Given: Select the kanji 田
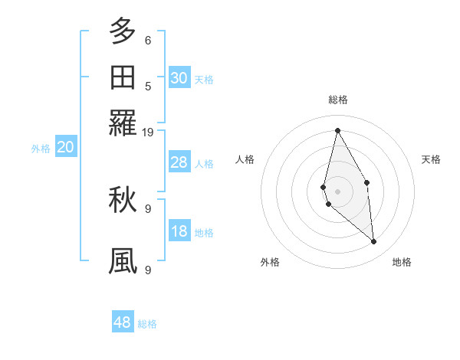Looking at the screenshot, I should pyautogui.click(x=123, y=77).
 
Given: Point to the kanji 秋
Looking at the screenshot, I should pyautogui.click(x=123, y=199).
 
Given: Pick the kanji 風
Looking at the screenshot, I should pyautogui.click(x=123, y=260).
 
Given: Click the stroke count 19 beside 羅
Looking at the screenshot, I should pyautogui.click(x=148, y=132).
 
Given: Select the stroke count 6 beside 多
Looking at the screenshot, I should pyautogui.click(x=148, y=41).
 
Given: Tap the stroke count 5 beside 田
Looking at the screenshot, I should pyautogui.click(x=148, y=87).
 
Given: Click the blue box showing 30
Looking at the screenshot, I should pyautogui.click(x=179, y=78).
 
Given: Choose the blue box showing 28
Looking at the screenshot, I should pyautogui.click(x=179, y=162).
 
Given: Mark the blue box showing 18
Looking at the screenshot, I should pyautogui.click(x=179, y=231).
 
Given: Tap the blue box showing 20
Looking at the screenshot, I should pyautogui.click(x=65, y=148).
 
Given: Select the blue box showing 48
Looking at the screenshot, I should pyautogui.click(x=123, y=322).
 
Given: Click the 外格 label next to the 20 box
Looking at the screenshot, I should pyautogui.click(x=41, y=149).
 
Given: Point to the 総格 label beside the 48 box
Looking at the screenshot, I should pyautogui.click(x=147, y=324).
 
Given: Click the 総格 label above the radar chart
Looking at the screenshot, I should pyautogui.click(x=337, y=100).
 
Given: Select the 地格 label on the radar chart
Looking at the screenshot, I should pyautogui.click(x=402, y=262).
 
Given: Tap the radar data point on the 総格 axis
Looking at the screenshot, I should pyautogui.click(x=337, y=130).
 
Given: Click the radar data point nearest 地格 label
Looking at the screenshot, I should pyautogui.click(x=374, y=242).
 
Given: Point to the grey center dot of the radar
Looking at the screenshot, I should pyautogui.click(x=337, y=191).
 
